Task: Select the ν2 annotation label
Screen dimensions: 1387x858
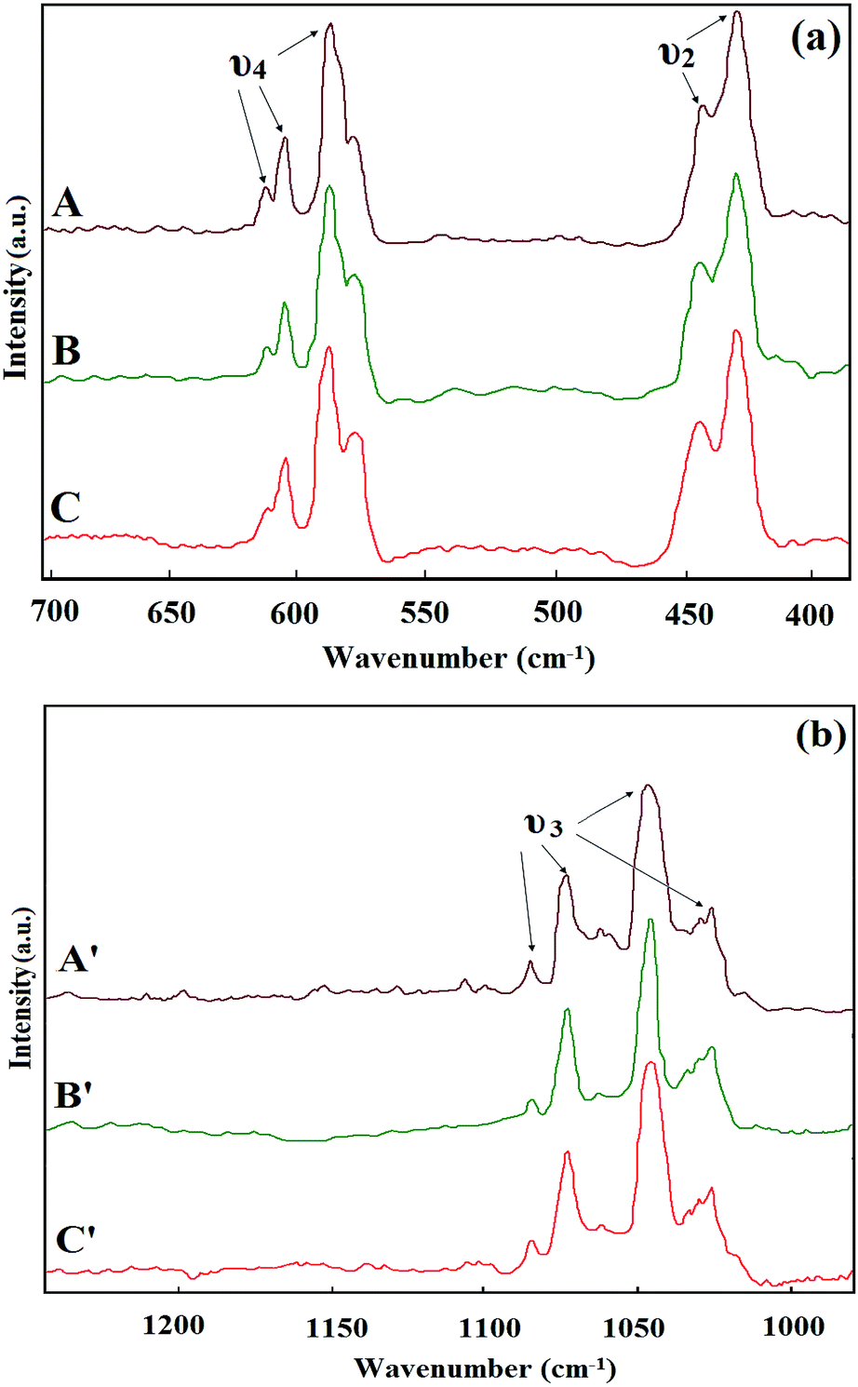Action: pyautogui.click(x=677, y=54)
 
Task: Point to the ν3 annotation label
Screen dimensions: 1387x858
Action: pyautogui.click(x=543, y=824)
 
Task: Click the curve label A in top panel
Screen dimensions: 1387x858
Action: pyautogui.click(x=67, y=202)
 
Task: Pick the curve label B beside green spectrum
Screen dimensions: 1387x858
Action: pyautogui.click(x=67, y=351)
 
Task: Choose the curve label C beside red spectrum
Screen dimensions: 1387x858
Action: pyautogui.click(x=65, y=508)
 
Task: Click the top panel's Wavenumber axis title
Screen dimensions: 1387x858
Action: pyautogui.click(x=458, y=658)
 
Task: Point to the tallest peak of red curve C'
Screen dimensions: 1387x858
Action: pyautogui.click(x=650, y=1063)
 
